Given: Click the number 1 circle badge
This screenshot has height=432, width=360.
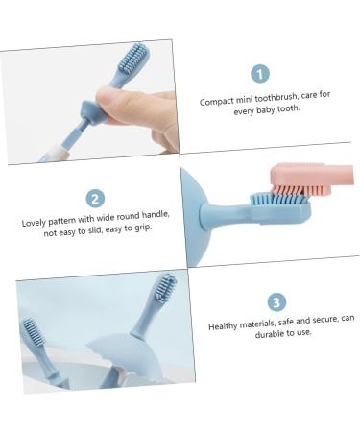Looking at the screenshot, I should coord(259,73).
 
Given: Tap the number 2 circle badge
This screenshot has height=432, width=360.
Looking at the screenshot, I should coord(95,199).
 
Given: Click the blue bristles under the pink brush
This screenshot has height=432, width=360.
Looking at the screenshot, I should coord(278,200).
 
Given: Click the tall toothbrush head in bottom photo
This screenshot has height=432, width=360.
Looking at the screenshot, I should coord(164,288).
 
